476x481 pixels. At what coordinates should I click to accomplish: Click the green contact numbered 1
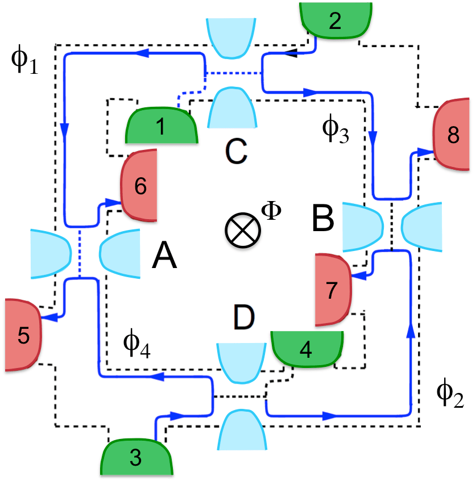[161, 126]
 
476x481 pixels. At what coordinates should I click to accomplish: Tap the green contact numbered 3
[135, 457]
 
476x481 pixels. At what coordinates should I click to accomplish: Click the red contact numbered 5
[23, 334]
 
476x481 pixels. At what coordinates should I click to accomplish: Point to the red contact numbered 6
[139, 185]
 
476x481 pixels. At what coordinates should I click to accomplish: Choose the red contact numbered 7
[333, 290]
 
